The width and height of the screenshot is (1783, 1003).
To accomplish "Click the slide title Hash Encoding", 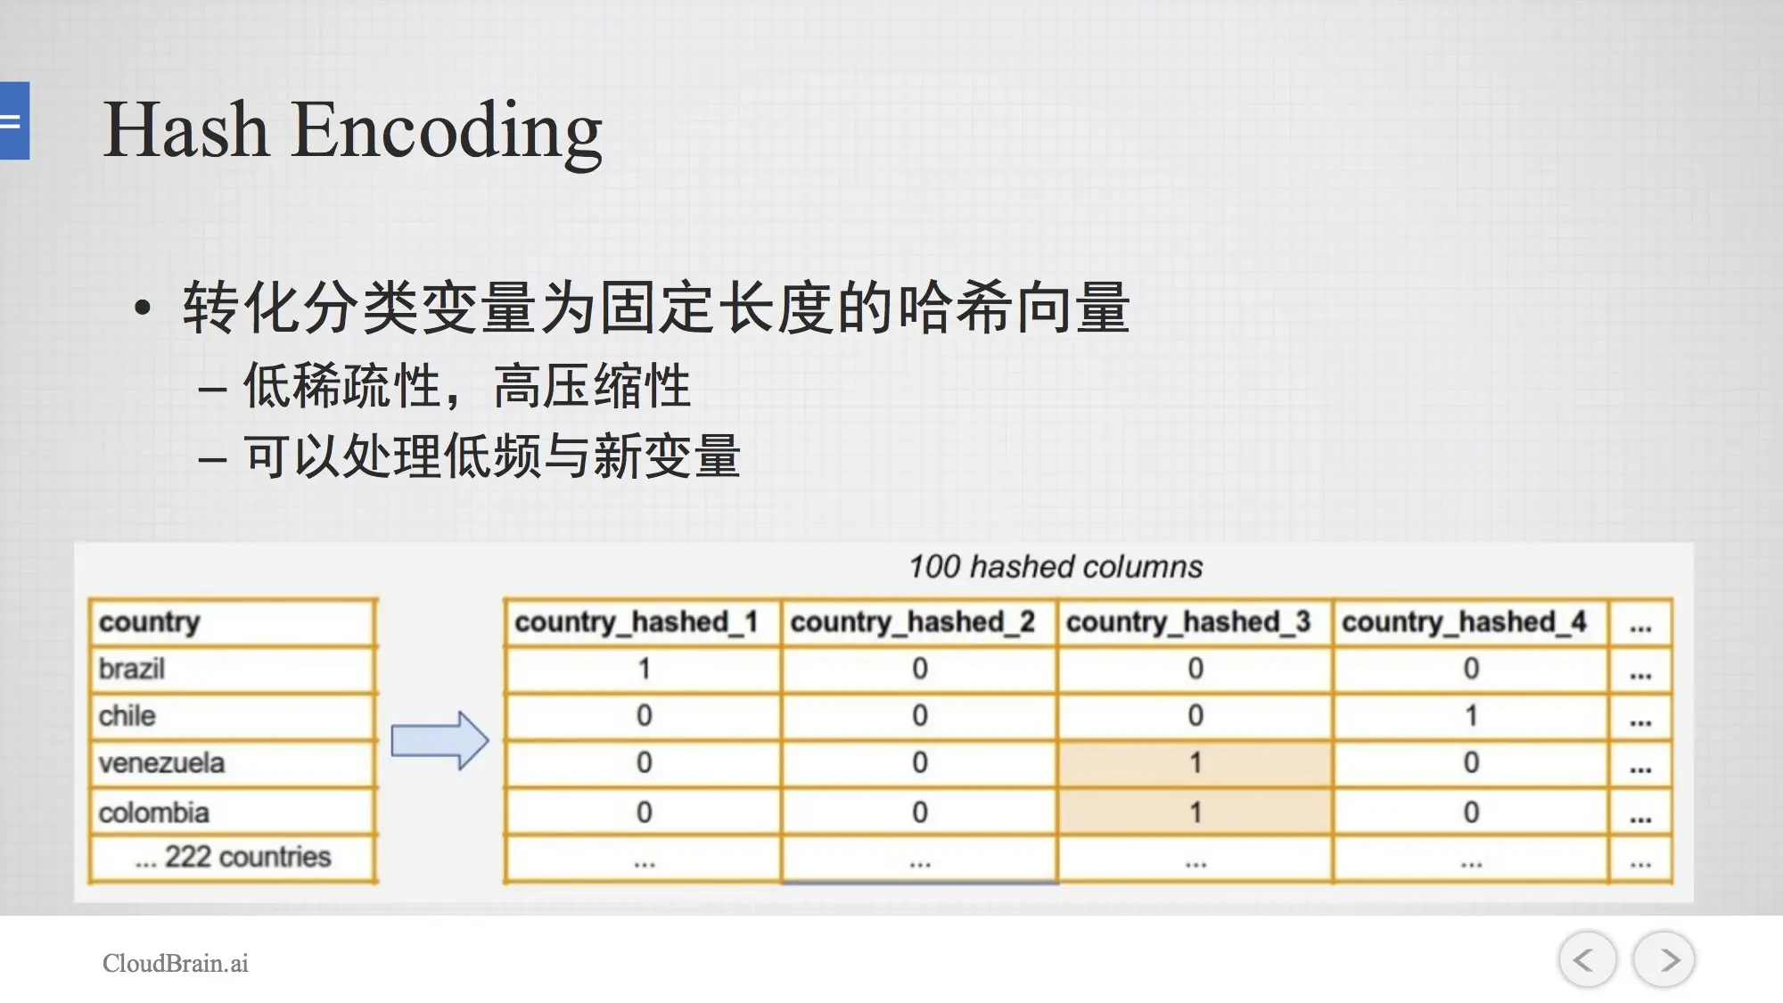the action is [353, 130].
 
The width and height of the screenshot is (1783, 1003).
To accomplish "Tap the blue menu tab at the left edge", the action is [14, 120].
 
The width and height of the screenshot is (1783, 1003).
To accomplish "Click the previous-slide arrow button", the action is [1587, 959].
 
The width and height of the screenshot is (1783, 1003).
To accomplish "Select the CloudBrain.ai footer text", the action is [176, 963].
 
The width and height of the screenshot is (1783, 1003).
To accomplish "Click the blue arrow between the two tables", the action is [440, 740].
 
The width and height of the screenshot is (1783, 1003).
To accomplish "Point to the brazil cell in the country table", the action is [232, 669].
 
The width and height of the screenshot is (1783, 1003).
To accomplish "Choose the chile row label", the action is [127, 716].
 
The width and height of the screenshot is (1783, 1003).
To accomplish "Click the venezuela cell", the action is [232, 763].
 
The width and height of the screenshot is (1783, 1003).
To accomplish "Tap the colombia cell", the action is [232, 812].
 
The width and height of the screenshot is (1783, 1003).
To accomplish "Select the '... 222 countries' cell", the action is [232, 858].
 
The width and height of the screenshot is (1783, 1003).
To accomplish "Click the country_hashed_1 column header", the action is [637, 622].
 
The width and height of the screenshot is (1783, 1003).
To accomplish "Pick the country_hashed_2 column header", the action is [913, 622].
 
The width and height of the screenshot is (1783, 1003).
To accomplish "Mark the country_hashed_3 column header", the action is [1188, 622].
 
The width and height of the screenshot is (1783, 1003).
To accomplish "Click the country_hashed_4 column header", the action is [1464, 622].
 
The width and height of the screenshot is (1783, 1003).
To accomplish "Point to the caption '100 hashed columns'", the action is [1056, 567].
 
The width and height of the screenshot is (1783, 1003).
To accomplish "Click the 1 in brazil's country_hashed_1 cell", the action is [645, 669].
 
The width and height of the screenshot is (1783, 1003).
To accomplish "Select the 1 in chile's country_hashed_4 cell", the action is [1472, 716].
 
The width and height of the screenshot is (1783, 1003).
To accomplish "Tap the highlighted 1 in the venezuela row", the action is [1196, 763].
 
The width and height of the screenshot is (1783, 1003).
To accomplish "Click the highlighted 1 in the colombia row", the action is [1196, 812].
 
